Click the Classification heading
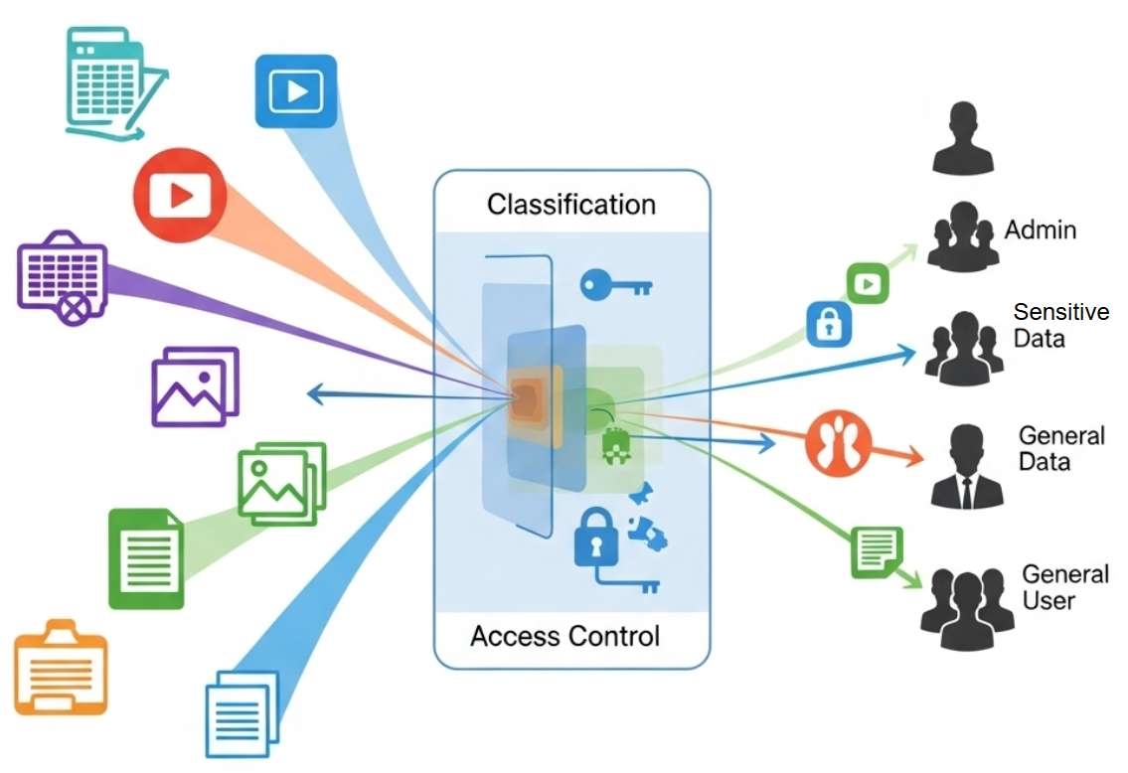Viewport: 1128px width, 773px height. click(570, 205)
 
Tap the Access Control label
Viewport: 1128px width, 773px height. click(564, 636)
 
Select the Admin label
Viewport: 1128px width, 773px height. click(1040, 231)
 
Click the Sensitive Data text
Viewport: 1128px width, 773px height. click(1059, 325)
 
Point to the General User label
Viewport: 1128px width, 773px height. click(1065, 587)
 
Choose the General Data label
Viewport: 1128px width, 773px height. click(1060, 449)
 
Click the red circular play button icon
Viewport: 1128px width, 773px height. click(181, 196)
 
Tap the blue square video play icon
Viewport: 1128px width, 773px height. click(296, 91)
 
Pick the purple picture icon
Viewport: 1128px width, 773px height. click(195, 386)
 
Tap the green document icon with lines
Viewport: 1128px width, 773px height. click(146, 558)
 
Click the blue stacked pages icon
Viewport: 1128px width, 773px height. click(242, 713)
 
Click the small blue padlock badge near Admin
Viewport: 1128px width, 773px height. click(829, 324)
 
